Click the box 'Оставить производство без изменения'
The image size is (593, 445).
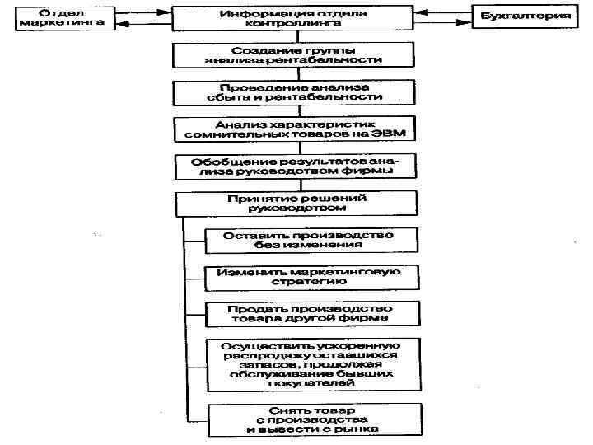pos(309,240)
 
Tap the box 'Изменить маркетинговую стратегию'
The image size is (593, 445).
pos(309,275)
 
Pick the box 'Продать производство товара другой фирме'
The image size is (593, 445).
pos(309,312)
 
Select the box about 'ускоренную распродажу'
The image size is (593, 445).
pos(309,363)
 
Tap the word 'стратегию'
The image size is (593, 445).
pos(309,281)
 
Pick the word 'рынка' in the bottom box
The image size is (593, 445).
pos(357,429)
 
